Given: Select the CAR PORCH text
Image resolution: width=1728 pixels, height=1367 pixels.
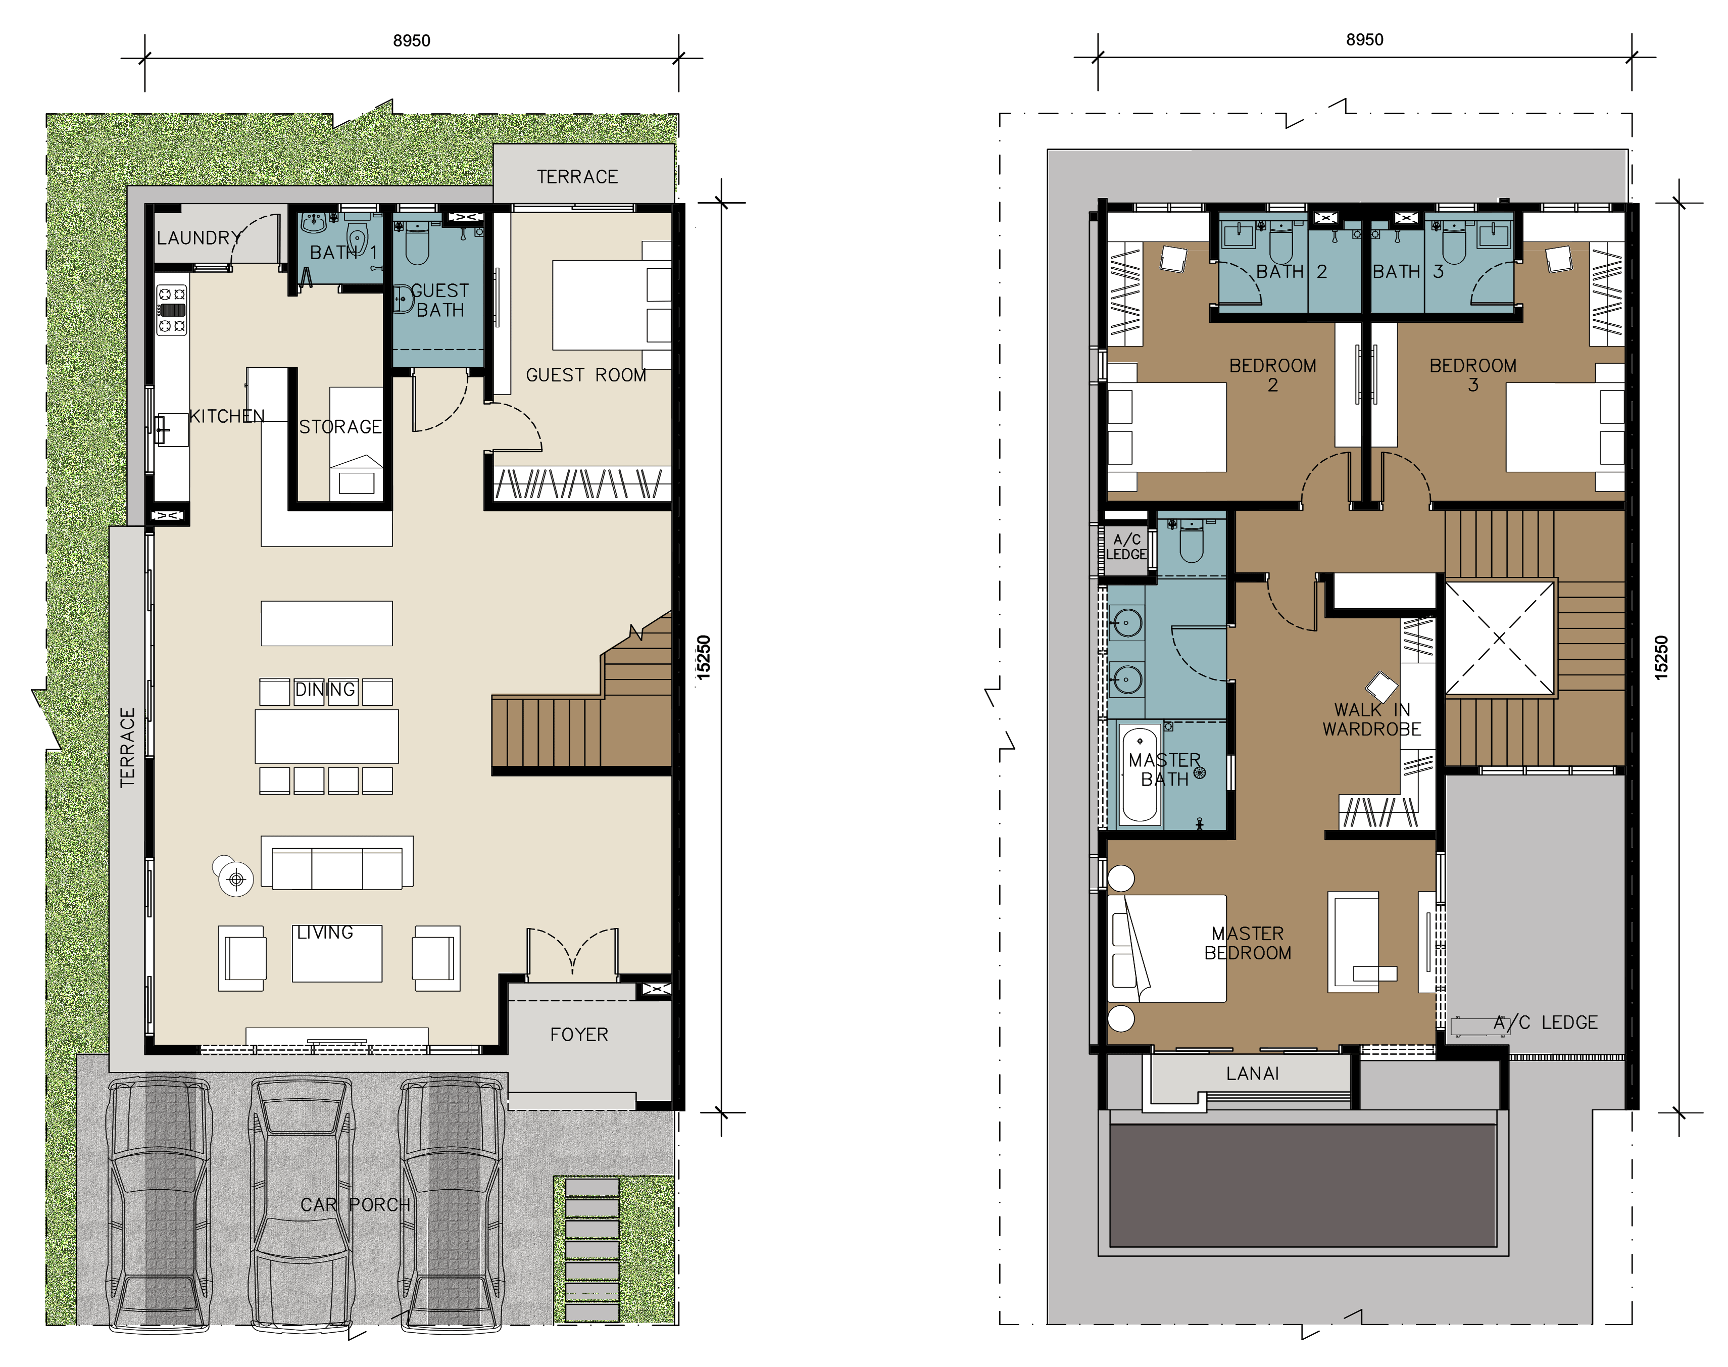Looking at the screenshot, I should [x=355, y=1204].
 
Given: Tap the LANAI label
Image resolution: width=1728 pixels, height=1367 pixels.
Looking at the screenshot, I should [x=1252, y=1073].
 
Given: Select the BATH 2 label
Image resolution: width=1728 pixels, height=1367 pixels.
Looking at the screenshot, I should [x=1291, y=271].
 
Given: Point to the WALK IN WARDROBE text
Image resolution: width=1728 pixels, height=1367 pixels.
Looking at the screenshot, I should [x=1372, y=719].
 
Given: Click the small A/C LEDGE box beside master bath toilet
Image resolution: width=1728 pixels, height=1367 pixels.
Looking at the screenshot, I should [x=1126, y=547].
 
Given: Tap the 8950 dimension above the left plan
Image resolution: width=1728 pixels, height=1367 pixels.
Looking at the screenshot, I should [x=411, y=40].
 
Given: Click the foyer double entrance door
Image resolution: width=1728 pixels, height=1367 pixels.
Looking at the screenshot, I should [x=572, y=952].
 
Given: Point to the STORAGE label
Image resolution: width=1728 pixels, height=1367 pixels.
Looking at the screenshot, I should [x=340, y=426].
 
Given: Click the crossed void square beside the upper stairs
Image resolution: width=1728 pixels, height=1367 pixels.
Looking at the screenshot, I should [x=1499, y=638].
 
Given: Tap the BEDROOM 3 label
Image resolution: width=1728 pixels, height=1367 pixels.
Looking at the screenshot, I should [x=1473, y=374].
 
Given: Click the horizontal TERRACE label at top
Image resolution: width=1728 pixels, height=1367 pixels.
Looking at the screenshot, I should [x=577, y=176].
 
